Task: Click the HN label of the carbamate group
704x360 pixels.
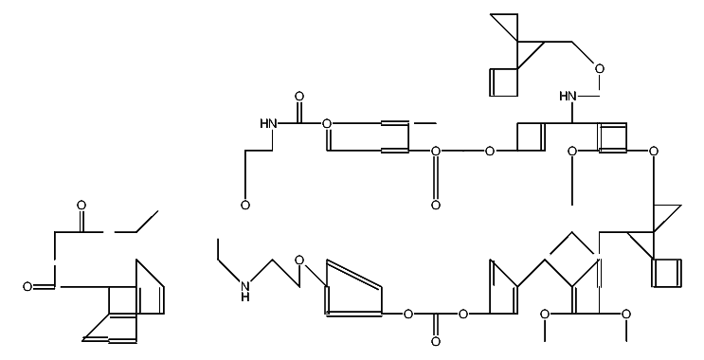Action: pos(267,123)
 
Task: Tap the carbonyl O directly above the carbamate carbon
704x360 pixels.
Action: pos(299,97)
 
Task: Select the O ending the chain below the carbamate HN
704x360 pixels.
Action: pos(245,206)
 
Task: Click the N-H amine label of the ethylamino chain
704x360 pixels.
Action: pos(245,290)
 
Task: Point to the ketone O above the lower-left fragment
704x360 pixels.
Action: pos(81,206)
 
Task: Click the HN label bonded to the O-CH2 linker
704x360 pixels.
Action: pos(569,97)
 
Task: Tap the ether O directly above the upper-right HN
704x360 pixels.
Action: pos(599,68)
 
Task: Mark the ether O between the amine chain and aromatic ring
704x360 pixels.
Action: pos(299,260)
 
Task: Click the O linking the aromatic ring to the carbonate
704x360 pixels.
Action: pos(408,314)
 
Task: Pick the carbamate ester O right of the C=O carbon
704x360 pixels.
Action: pos(327,123)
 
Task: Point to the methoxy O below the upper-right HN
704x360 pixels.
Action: pos(571,151)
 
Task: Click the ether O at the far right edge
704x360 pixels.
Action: pos(653,151)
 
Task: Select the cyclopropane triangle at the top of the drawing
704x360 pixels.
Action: pos(506,27)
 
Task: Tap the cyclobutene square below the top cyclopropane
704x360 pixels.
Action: pos(503,82)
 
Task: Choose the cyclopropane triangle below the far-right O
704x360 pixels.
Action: pos(665,217)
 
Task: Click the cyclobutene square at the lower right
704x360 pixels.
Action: pos(666,272)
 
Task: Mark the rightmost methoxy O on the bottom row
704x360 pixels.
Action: pos(625,314)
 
